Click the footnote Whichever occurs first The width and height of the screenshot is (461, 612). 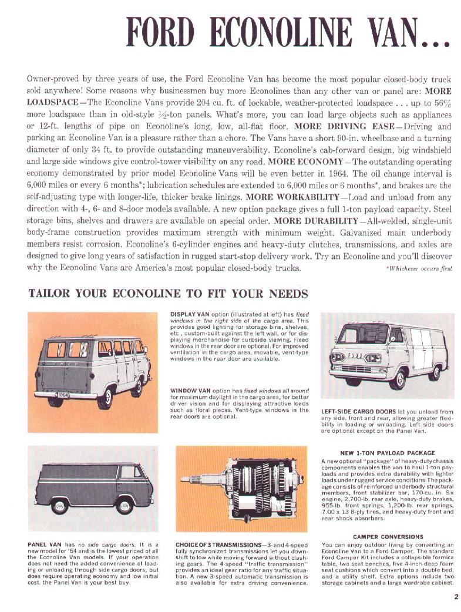pyautogui.click(x=419, y=268)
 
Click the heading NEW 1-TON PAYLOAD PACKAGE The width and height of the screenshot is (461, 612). pyautogui.click(x=388, y=453)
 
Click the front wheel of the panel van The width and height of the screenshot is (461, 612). pyautogui.click(x=123, y=506)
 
